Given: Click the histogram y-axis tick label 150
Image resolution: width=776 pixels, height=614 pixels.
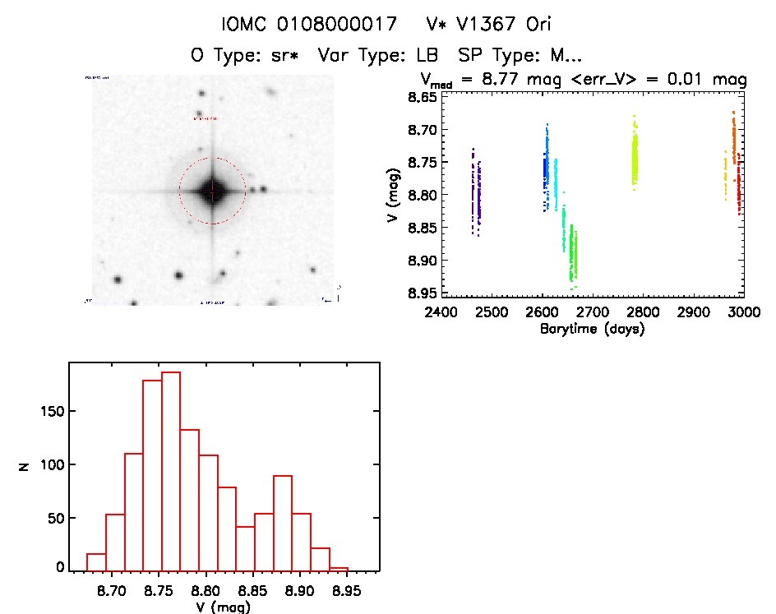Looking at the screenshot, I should [50, 411].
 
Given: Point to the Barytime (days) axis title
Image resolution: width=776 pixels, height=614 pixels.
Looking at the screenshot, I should [592, 329].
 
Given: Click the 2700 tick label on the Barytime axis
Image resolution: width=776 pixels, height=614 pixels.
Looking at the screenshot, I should [592, 313].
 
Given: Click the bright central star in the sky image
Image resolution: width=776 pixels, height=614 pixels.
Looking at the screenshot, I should [212, 191].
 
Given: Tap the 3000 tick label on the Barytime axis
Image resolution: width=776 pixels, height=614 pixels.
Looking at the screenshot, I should [742, 313].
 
